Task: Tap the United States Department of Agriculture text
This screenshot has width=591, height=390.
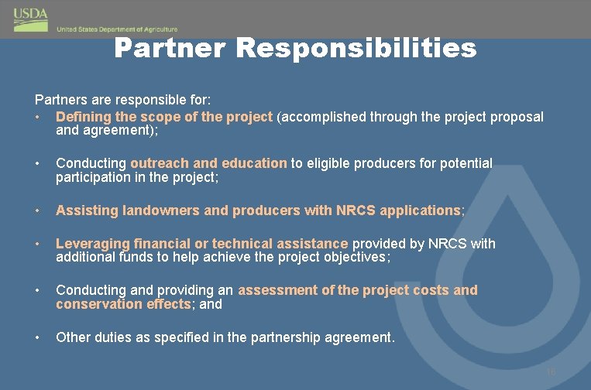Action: click(x=117, y=29)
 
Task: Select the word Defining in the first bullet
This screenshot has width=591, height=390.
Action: click(x=83, y=117)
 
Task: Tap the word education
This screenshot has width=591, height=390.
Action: click(x=254, y=163)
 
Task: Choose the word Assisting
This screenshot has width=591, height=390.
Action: click(x=85, y=210)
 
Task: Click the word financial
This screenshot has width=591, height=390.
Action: click(x=163, y=244)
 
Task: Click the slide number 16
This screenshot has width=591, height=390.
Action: click(x=551, y=373)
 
